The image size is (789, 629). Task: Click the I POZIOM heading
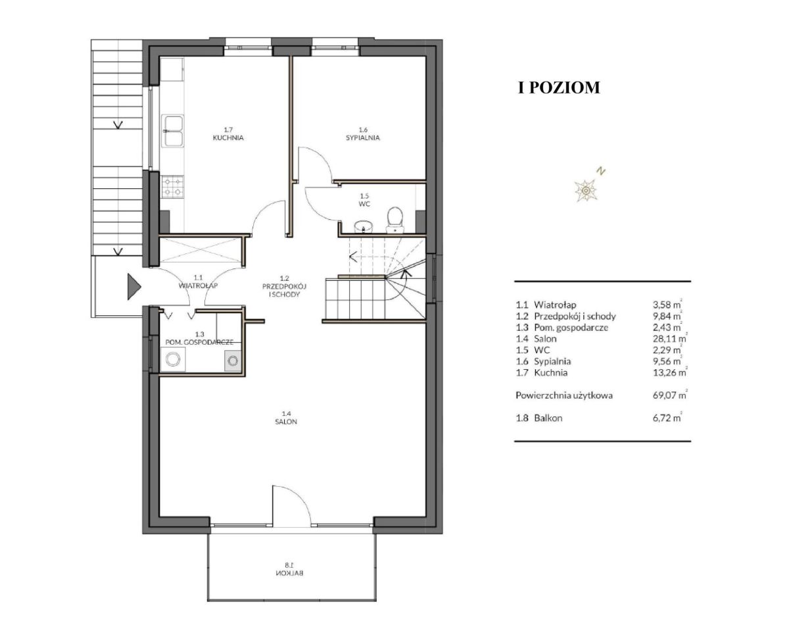(x=559, y=88)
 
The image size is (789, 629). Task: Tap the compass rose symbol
(x=586, y=190)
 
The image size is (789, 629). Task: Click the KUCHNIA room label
(x=228, y=138)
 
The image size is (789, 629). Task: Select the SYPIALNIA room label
(x=362, y=138)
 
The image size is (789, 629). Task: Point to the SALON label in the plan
(x=286, y=422)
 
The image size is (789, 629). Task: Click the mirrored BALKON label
(x=290, y=573)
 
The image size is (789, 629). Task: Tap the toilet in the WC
(x=395, y=220)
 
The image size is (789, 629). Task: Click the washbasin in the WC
(x=364, y=226)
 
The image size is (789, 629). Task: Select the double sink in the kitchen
(x=172, y=131)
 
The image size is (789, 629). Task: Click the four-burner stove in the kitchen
(x=172, y=186)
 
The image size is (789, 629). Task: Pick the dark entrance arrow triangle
(x=134, y=287)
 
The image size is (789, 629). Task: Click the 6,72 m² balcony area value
(x=667, y=418)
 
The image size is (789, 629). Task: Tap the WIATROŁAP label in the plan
(x=198, y=285)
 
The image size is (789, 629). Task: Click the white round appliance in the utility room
(x=173, y=359)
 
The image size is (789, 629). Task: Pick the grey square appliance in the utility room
(x=233, y=361)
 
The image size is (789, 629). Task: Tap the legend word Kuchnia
(x=551, y=372)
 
